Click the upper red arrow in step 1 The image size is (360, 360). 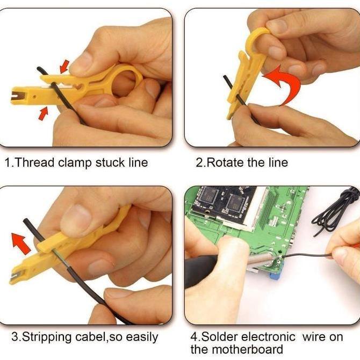click(x=64, y=66)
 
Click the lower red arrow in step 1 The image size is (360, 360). click(x=44, y=113)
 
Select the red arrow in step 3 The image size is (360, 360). click(x=22, y=242)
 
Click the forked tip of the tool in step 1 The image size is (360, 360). click(x=19, y=97)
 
